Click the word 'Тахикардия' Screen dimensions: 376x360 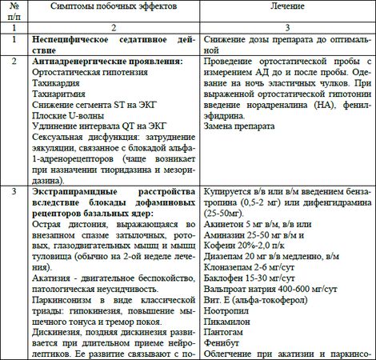(x=58, y=84)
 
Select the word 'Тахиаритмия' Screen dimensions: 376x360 (x=61, y=96)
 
